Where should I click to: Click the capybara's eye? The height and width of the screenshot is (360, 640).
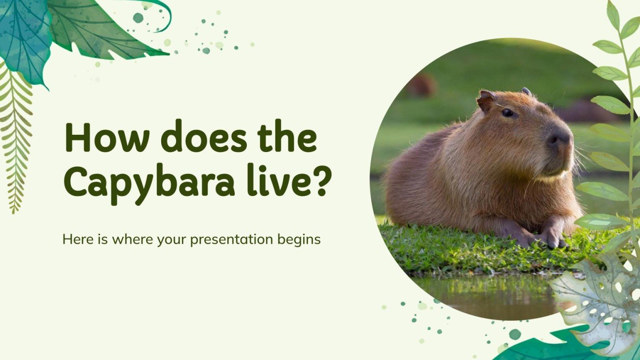[x=508, y=113]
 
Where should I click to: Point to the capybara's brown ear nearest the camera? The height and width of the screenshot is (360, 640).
[x=486, y=101]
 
